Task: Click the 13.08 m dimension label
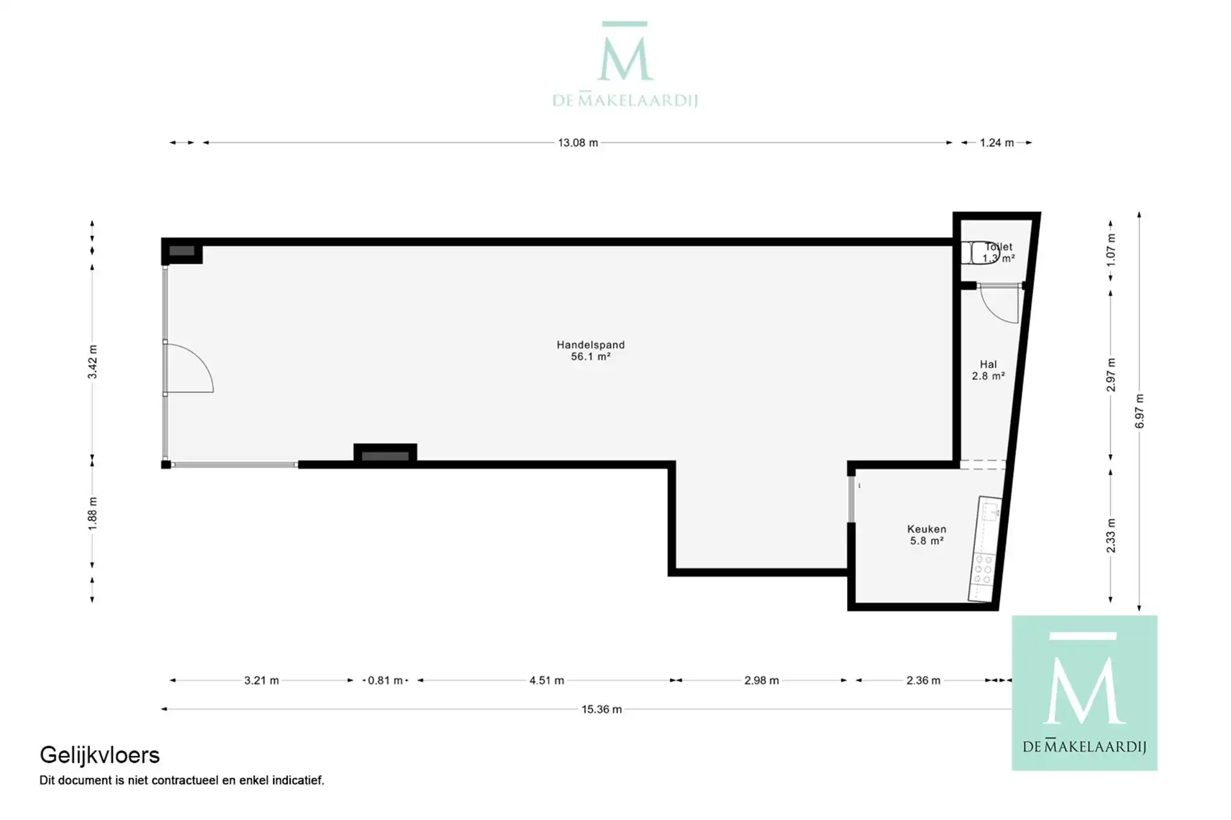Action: [578, 142]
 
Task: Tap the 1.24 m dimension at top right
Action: [996, 142]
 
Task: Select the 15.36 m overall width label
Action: [601, 709]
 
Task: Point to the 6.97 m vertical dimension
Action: [1139, 411]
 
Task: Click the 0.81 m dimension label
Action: [385, 680]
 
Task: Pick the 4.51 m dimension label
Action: [546, 680]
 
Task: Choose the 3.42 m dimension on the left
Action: [92, 362]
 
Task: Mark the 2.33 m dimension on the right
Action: [1110, 535]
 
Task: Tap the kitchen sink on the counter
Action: [991, 511]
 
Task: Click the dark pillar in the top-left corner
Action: [182, 251]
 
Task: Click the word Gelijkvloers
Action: [99, 755]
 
